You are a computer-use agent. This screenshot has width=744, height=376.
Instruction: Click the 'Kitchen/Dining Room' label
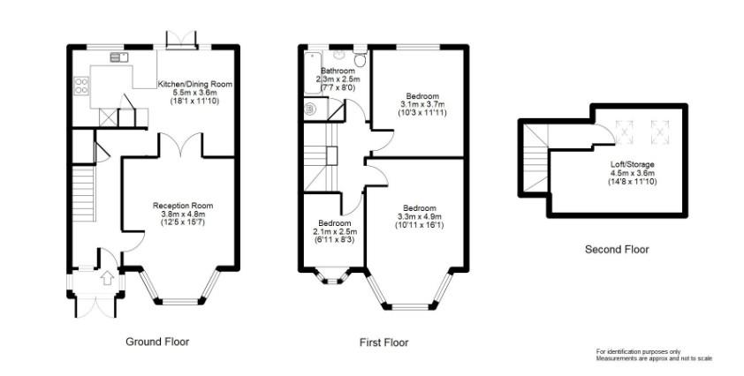point(194,84)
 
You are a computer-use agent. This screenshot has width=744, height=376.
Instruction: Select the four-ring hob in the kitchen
point(82,86)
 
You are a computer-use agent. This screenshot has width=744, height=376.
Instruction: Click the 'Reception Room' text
point(181,205)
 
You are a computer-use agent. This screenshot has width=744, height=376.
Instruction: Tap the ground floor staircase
point(81,199)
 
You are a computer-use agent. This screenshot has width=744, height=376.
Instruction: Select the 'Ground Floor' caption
point(157,342)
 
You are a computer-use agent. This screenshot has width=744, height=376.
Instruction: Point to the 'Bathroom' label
point(337,71)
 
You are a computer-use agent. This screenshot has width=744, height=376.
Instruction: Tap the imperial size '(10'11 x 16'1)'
point(420,225)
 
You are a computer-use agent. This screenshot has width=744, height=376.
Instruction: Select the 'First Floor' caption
point(383,342)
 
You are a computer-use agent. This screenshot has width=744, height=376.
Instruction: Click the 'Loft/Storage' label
point(632,164)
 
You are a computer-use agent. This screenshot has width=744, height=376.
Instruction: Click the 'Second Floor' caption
point(617,250)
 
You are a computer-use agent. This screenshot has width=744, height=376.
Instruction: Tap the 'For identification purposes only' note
point(638,351)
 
